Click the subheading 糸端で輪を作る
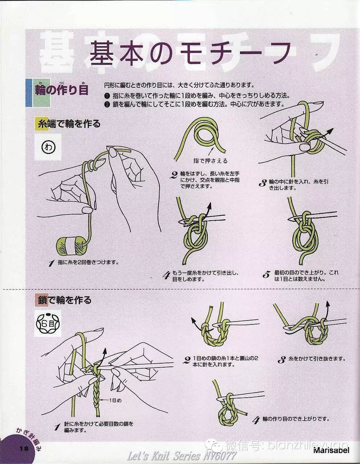click(69, 124)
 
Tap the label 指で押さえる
click(210, 161)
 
